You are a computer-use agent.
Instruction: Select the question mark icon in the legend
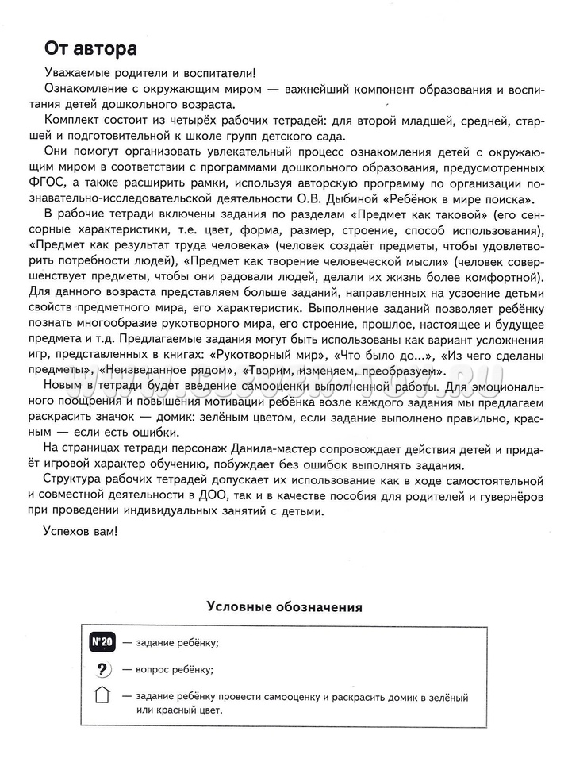pos(102,668)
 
